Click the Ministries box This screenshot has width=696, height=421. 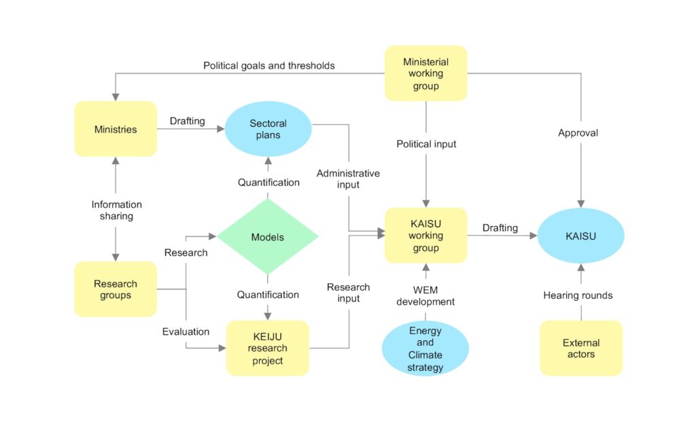(x=116, y=129)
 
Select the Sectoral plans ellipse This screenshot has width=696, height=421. (x=268, y=129)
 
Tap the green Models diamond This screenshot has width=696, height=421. (x=268, y=237)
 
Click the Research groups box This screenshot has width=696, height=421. (x=116, y=289)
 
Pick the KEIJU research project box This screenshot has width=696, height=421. (x=267, y=348)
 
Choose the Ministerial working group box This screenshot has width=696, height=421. (x=426, y=73)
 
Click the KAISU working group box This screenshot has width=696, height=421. (x=426, y=236)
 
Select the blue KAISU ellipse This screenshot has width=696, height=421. (x=580, y=236)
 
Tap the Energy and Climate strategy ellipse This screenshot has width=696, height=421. (x=425, y=349)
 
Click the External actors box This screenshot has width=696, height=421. (x=581, y=348)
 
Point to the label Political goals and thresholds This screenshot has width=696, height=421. (x=269, y=66)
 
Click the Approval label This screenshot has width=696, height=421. (x=578, y=133)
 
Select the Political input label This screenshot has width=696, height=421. (x=426, y=144)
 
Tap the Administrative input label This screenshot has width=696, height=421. (x=348, y=179)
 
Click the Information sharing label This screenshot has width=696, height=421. (x=117, y=210)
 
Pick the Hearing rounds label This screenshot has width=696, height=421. (x=578, y=295)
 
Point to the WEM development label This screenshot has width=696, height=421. (x=426, y=295)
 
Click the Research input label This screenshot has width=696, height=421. (x=348, y=293)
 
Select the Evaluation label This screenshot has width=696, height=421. (x=186, y=331)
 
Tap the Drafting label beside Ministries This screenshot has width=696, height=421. (x=187, y=121)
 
